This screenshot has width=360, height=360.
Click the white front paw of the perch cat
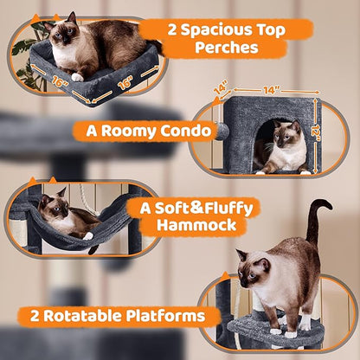coord(77,77)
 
